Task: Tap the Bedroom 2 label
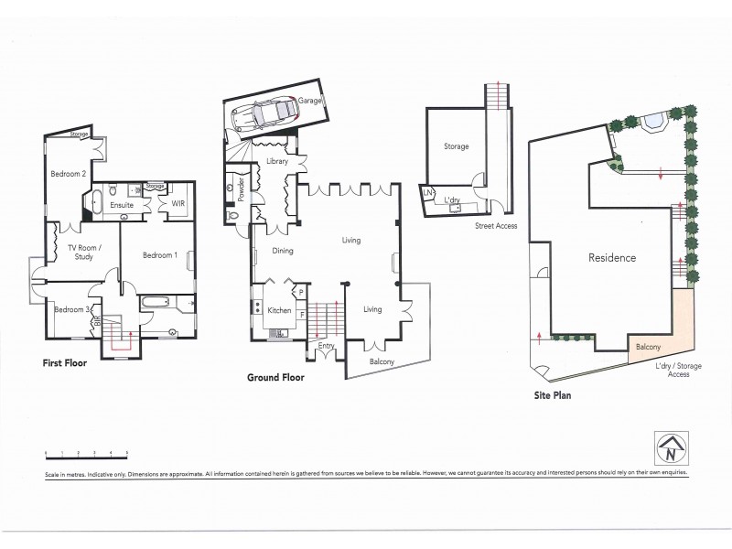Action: (69, 173)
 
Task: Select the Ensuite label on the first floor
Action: (123, 205)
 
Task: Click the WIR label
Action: (178, 203)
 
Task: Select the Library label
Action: (277, 161)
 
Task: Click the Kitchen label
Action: (279, 311)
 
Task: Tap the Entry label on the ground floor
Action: (325, 345)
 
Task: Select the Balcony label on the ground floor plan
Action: (382, 361)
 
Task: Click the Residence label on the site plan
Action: (611, 258)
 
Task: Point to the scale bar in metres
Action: (85, 455)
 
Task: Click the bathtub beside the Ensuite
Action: (94, 202)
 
